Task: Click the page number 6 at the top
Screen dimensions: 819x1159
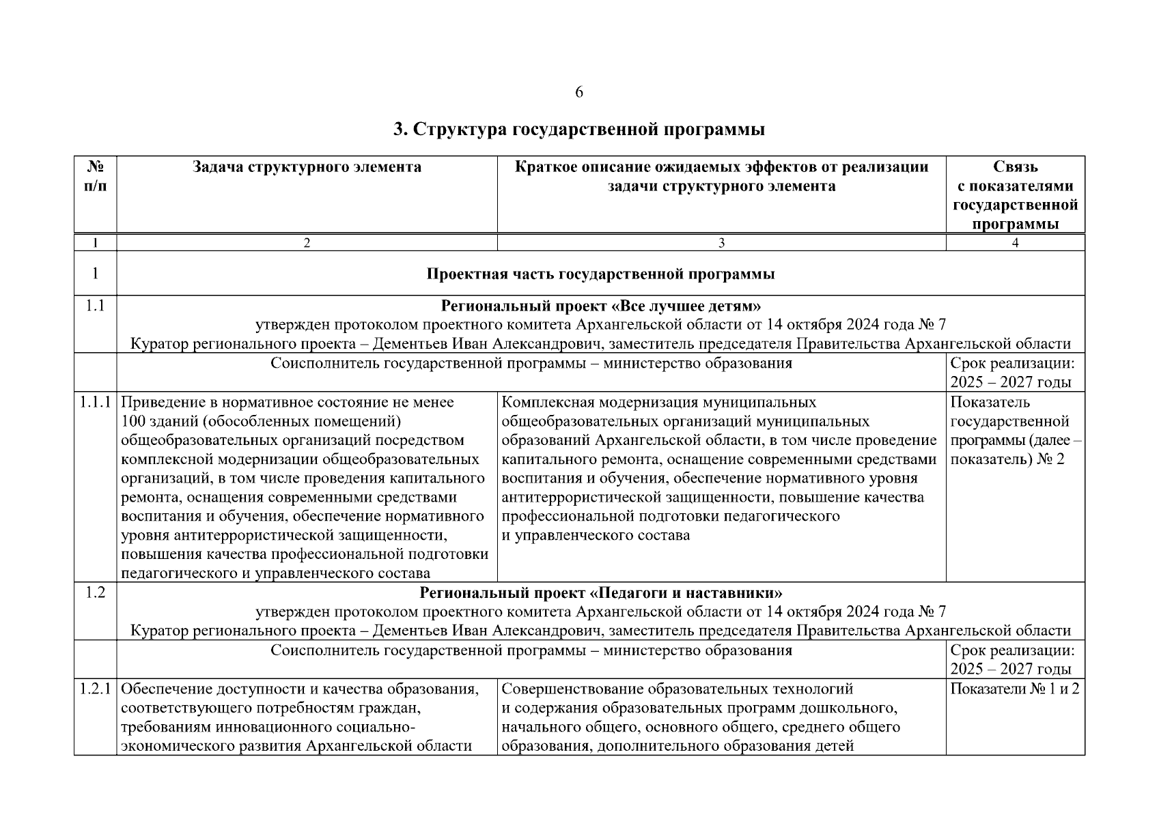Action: pyautogui.click(x=579, y=93)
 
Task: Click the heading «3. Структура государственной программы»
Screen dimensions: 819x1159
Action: pyautogui.click(x=579, y=130)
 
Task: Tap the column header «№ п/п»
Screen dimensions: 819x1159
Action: pyautogui.click(x=95, y=177)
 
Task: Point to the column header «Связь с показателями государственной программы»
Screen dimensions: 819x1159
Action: pyautogui.click(x=1015, y=195)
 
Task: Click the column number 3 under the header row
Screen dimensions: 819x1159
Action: pyautogui.click(x=721, y=243)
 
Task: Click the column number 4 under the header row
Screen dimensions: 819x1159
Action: pyautogui.click(x=1015, y=243)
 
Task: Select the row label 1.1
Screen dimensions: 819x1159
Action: pyautogui.click(x=95, y=306)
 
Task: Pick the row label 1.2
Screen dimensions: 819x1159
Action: pyautogui.click(x=95, y=592)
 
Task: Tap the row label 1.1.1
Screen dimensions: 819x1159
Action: pyautogui.click(x=95, y=403)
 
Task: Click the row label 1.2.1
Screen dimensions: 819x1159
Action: pyautogui.click(x=95, y=689)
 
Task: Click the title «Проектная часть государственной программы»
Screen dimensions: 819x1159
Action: pyautogui.click(x=600, y=274)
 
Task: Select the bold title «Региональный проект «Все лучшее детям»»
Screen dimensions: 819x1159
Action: pyautogui.click(x=600, y=306)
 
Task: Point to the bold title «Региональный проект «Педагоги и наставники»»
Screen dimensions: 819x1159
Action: pyautogui.click(x=600, y=592)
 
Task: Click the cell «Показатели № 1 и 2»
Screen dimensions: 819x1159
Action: pyautogui.click(x=1015, y=689)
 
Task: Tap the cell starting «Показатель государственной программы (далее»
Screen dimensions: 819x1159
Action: pyautogui.click(x=1015, y=431)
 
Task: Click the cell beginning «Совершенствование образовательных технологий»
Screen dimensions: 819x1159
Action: pyautogui.click(x=701, y=717)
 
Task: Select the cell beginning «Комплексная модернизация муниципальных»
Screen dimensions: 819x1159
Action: pyautogui.click(x=718, y=468)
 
